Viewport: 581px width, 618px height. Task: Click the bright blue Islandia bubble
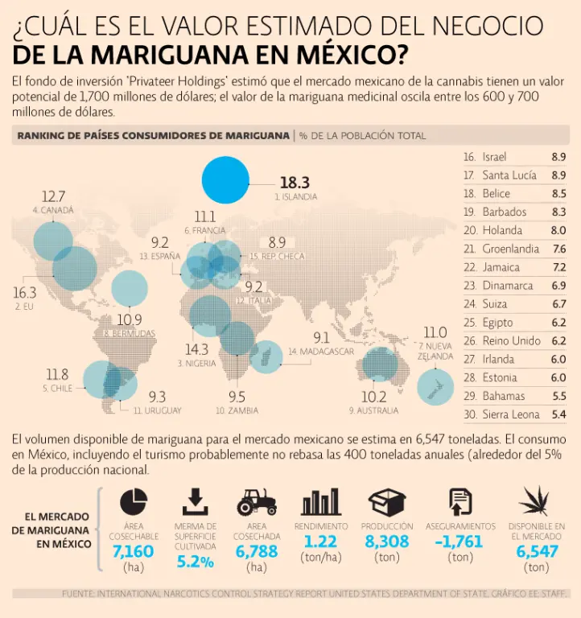tap(225, 179)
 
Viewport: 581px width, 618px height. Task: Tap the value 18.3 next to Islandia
tap(295, 183)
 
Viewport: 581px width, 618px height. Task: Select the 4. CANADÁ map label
tap(53, 210)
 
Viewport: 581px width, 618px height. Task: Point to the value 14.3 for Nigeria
tap(196, 349)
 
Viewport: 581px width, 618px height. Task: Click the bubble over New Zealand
tap(435, 386)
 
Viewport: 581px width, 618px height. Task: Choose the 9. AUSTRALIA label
tap(373, 410)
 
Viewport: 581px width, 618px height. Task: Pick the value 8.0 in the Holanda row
tap(558, 230)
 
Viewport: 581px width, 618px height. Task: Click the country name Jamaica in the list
tap(501, 267)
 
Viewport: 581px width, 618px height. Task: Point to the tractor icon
tap(257, 502)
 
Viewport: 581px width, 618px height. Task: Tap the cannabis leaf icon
tap(536, 501)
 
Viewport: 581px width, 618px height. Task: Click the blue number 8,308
tap(387, 542)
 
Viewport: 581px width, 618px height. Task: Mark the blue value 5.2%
tap(195, 561)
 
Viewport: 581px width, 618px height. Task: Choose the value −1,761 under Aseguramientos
tap(461, 542)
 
